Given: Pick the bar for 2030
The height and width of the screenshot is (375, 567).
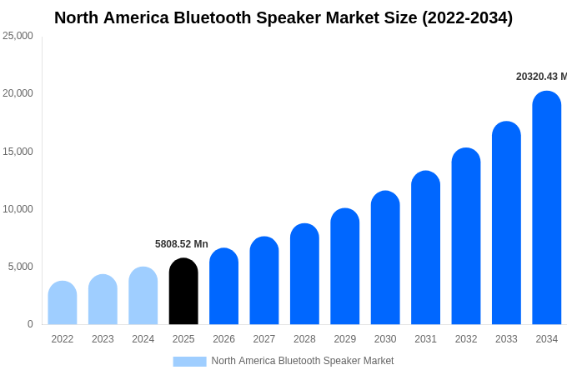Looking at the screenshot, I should point(385,258).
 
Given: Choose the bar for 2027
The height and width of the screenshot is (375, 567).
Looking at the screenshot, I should point(264,281).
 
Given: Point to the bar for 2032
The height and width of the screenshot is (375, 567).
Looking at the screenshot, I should point(466,237).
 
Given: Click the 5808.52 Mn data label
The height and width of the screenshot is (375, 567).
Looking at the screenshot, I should point(182,244).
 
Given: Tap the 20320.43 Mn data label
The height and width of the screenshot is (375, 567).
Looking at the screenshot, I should point(540,77).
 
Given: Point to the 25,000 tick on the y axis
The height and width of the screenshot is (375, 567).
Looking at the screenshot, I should point(18,36).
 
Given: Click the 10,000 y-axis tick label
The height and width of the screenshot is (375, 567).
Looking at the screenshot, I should point(18,209).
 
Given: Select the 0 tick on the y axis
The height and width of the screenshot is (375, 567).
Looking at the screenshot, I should point(30,324).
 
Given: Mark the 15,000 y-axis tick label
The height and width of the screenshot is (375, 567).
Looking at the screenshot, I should point(18,152).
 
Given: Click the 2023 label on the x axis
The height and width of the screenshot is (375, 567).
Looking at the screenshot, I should point(103,339).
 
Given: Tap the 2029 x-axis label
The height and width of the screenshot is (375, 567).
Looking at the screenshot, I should point(345,339).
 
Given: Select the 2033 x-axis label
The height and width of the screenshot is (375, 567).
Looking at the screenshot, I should point(506,339).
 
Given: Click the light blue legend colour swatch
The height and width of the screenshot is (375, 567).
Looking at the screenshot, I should point(189,362).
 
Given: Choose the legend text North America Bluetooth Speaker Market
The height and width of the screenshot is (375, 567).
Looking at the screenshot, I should point(303,361).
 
